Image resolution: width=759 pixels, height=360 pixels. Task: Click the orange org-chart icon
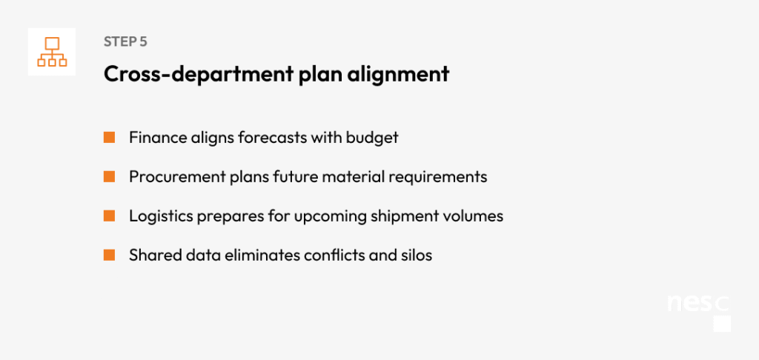click(52, 52)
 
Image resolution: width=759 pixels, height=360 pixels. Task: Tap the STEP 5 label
click(125, 41)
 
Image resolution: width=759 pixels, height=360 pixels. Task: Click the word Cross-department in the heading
click(199, 74)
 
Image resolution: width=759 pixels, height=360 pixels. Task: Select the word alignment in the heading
click(400, 74)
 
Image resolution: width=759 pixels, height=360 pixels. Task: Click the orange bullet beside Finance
click(110, 138)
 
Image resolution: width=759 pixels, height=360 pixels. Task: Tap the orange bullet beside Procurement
click(110, 176)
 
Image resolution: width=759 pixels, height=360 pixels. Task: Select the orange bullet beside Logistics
click(110, 216)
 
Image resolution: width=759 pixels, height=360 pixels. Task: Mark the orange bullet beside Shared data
click(110, 255)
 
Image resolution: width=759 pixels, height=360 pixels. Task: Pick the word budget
click(372, 138)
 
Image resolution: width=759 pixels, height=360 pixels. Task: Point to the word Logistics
click(161, 216)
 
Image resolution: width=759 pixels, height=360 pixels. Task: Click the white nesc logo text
click(698, 304)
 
